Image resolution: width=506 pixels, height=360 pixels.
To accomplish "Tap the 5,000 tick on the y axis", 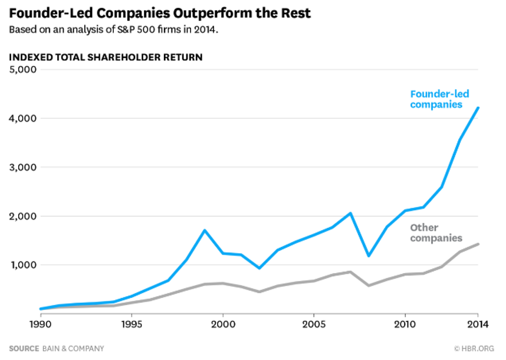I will [22, 70].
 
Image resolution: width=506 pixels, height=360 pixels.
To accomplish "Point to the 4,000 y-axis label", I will [22, 119].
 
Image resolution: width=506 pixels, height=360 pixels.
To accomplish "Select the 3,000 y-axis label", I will [22, 168].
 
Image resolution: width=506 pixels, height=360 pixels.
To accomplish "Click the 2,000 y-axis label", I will [22, 217].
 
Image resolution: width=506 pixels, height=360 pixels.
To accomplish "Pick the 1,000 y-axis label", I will [22, 265].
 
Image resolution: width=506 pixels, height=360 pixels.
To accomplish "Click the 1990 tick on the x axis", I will [41, 323].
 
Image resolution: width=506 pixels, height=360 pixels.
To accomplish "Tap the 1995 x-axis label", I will [132, 323].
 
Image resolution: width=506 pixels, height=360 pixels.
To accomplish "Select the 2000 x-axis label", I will [223, 323].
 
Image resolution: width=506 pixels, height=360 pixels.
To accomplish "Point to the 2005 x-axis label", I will [314, 323].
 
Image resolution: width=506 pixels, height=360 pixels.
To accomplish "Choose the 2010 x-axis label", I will [405, 323].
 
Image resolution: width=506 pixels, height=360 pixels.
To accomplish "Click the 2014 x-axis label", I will [478, 323].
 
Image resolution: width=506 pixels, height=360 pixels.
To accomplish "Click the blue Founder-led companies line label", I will [435, 99].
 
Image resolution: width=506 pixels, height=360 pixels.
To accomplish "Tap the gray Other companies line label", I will [436, 233].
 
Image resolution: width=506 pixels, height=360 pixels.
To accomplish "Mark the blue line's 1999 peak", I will [204, 230].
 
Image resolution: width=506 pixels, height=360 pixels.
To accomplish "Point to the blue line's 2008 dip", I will [369, 256].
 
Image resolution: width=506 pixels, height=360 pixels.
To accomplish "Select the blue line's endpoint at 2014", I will [478, 108].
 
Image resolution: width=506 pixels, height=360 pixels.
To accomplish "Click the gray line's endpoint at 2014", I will [478, 244].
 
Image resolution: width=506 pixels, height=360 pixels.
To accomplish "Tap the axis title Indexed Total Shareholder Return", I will [105, 57].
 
